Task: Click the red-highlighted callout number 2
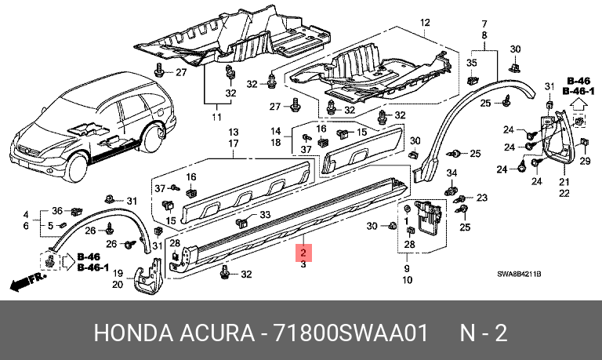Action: click(303, 253)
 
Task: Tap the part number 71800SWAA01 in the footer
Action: click(350, 333)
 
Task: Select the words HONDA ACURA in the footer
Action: click(174, 333)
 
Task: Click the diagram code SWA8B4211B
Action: click(519, 274)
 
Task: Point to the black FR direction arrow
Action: click(27, 282)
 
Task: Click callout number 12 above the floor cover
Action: click(425, 23)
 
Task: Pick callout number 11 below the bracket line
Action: click(216, 117)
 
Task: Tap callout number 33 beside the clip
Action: click(265, 215)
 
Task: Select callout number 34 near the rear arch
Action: click(451, 173)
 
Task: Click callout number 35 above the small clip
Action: click(471, 63)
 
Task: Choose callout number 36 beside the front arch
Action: click(57, 210)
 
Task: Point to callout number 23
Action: click(482, 198)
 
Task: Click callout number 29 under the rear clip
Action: click(585, 161)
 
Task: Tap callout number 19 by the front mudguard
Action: click(118, 273)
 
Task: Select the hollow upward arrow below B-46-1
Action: click(578, 105)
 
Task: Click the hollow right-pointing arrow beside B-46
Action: click(68, 262)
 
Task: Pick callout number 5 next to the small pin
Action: click(50, 226)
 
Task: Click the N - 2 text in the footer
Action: click(484, 333)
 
